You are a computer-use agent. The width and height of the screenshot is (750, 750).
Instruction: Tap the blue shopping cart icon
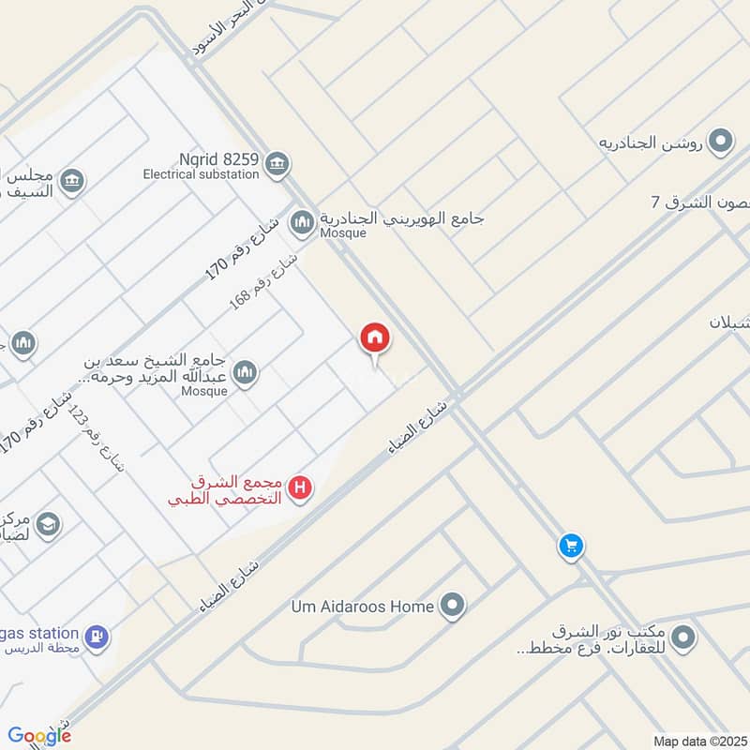[571, 545]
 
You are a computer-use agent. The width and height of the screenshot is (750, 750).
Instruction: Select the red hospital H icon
[300, 487]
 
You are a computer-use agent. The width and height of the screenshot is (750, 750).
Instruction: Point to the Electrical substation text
[201, 174]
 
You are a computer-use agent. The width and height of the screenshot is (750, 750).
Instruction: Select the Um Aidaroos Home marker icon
[453, 606]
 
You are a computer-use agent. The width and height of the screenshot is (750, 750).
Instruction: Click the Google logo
[39, 736]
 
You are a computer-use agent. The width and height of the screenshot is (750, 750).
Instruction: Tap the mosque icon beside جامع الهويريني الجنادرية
[301, 222]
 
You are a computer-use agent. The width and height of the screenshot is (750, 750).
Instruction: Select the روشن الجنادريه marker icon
[720, 142]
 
